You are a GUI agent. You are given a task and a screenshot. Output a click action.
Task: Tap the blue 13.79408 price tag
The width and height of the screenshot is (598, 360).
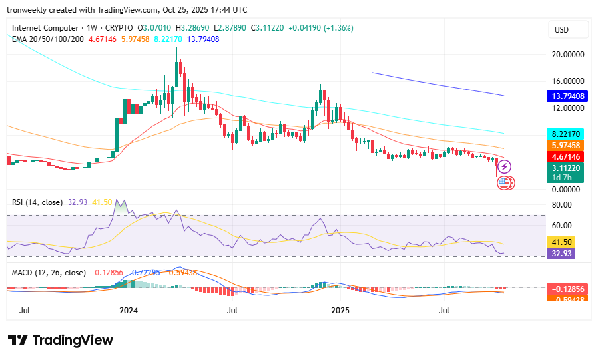click(x=568, y=96)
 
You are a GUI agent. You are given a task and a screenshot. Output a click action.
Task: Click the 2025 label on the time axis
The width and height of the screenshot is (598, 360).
click(x=340, y=311)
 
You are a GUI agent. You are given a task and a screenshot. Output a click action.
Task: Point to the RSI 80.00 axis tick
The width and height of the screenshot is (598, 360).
click(x=563, y=205)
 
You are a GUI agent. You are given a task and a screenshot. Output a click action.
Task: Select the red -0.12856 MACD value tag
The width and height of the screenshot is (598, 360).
click(x=568, y=289)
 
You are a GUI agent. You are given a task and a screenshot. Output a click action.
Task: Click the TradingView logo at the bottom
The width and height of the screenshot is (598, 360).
click(x=61, y=340)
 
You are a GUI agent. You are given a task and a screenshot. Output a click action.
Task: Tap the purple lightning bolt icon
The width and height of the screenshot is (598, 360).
click(x=505, y=168)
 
